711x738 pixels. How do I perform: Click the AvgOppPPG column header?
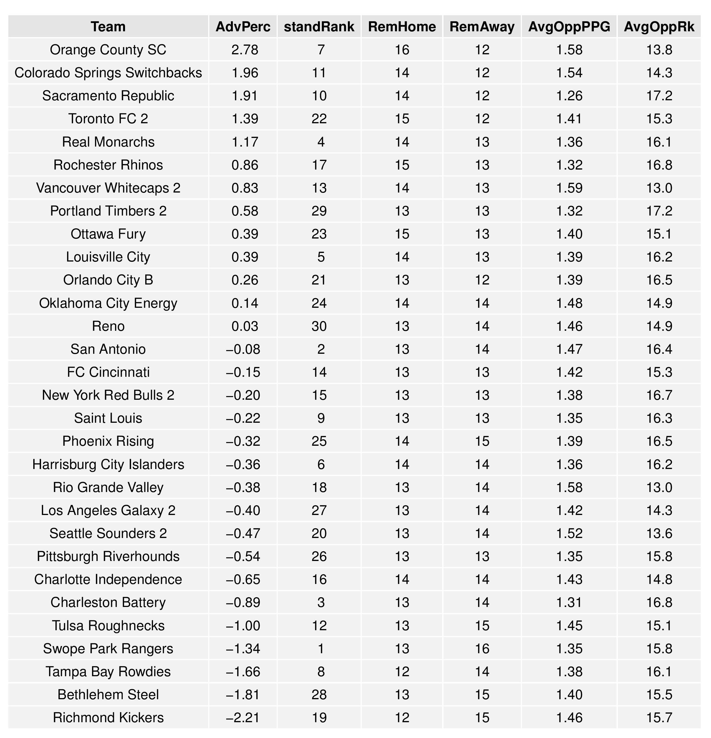[569, 27]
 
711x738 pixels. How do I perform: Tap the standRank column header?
[319, 27]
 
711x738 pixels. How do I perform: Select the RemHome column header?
[402, 27]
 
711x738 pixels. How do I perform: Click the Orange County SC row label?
[108, 50]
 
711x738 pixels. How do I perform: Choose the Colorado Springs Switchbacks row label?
[108, 73]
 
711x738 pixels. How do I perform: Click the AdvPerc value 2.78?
[245, 50]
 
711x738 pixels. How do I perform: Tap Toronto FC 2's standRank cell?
[319, 119]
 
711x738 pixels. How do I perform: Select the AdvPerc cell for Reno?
[245, 326]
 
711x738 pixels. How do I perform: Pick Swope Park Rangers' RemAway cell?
[482, 649]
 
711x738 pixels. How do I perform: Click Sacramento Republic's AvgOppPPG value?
[569, 96]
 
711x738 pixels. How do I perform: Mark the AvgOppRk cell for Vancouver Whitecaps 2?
[659, 188]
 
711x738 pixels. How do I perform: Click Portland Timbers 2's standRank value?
[319, 211]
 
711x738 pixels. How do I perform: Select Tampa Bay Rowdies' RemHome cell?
[402, 671]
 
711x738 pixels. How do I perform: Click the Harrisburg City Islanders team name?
[108, 464]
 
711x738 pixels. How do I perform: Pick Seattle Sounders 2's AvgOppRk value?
[659, 533]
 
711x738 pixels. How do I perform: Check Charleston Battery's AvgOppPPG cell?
[569, 603]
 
